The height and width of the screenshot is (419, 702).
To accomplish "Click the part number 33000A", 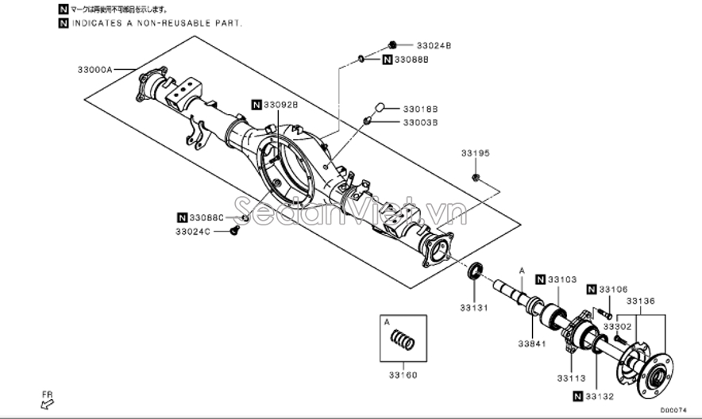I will (94, 71).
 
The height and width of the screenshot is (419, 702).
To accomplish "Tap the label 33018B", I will (420, 108).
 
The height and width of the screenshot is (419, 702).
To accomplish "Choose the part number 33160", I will (404, 375).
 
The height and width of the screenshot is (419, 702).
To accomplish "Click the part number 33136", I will (640, 301).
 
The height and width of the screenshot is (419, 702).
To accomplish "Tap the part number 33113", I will (570, 378).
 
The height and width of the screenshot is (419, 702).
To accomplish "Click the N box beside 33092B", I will (256, 104).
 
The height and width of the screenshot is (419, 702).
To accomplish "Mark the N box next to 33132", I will (577, 395).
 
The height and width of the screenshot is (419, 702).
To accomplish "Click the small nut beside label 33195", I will (475, 176).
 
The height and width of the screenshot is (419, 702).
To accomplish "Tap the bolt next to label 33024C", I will (234, 230).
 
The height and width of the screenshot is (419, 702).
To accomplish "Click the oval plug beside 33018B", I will (380, 106).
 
